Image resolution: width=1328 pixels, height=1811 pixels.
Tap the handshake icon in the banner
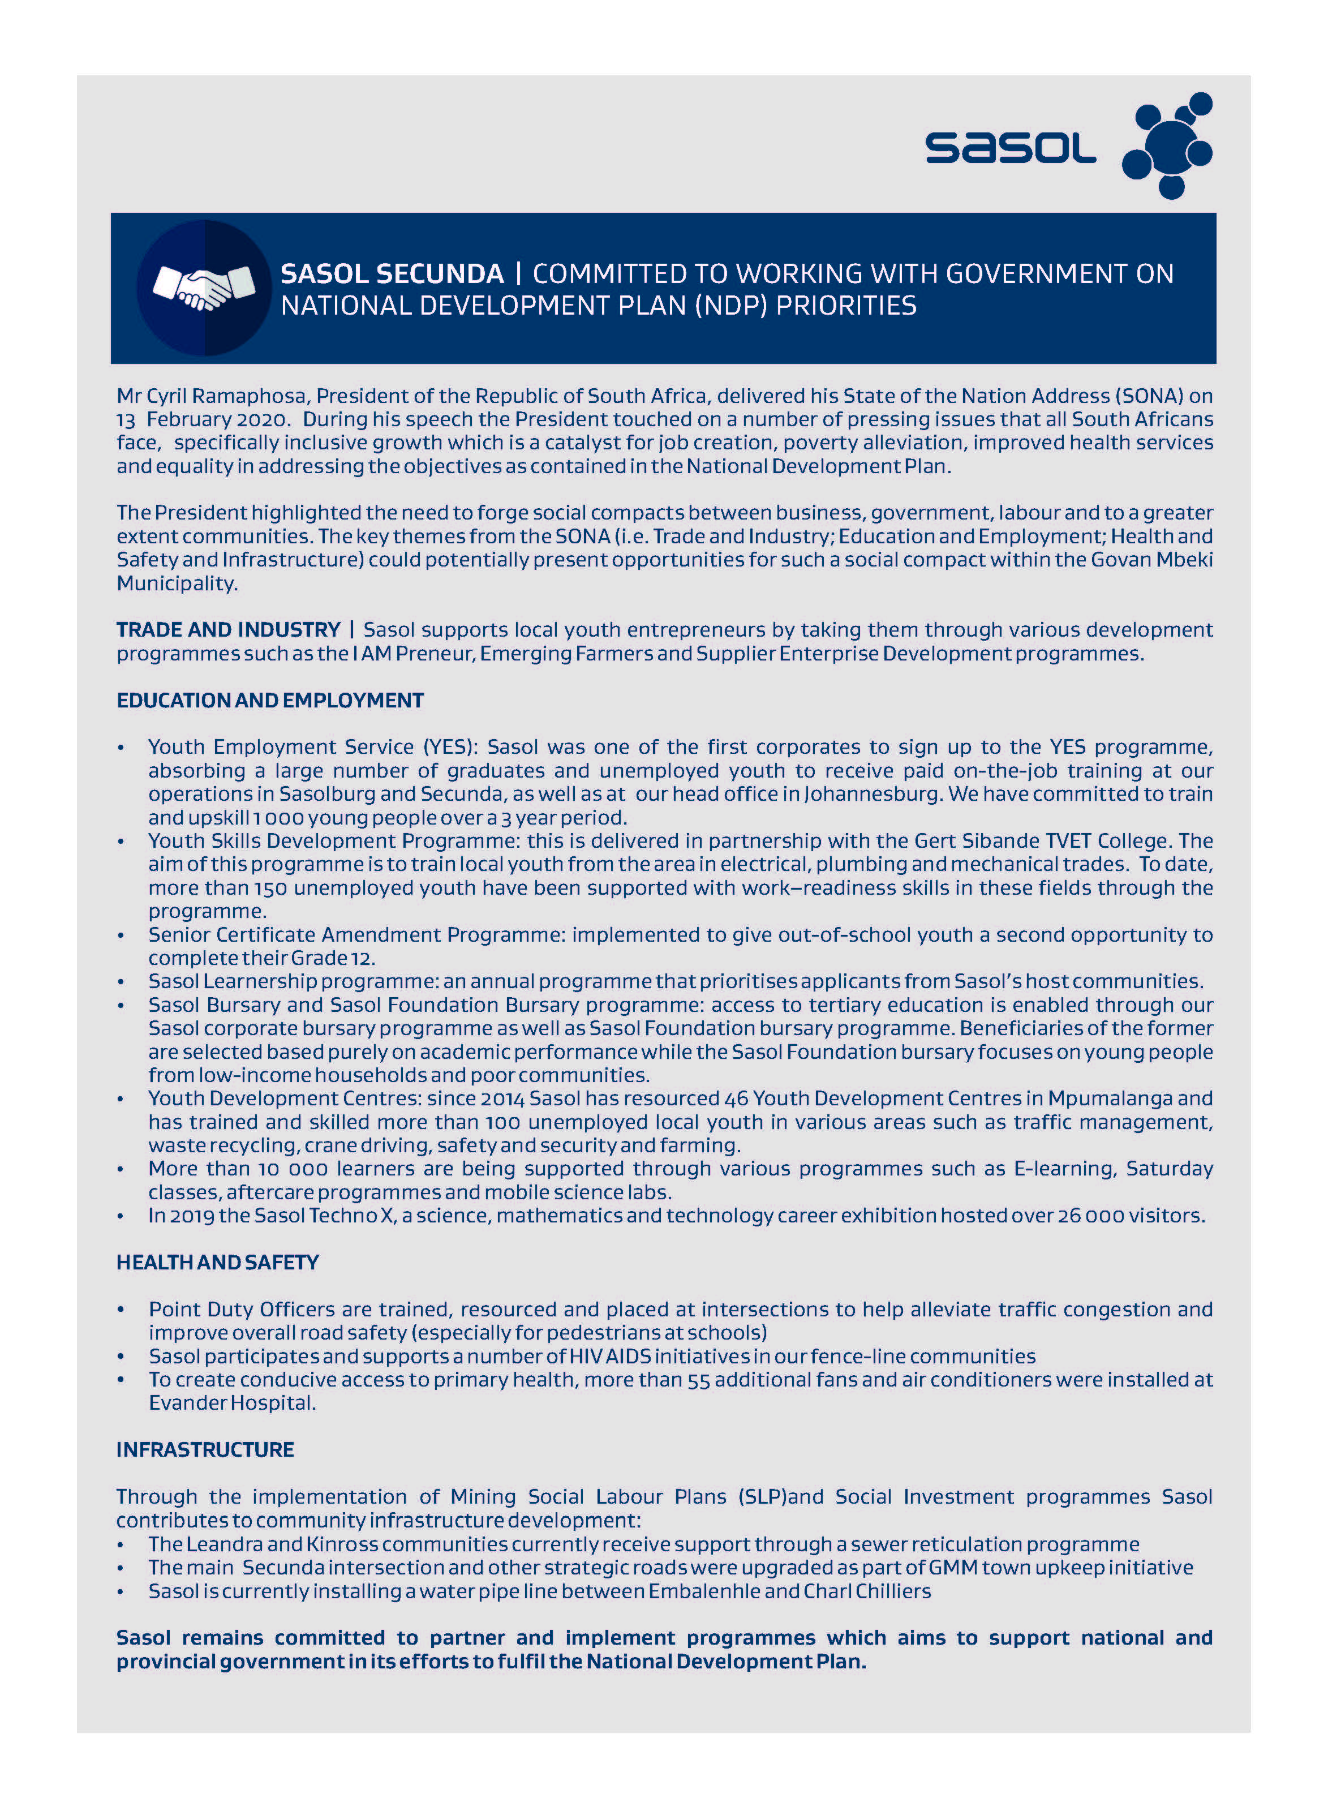(x=204, y=287)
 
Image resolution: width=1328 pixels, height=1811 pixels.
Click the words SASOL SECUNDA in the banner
(x=392, y=274)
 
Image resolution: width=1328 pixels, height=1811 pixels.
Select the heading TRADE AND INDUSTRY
(x=228, y=629)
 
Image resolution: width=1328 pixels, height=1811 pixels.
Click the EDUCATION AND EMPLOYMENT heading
(x=270, y=700)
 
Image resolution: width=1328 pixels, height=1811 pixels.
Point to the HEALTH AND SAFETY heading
(x=217, y=1262)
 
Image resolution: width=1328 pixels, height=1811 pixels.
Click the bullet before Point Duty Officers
(x=121, y=1310)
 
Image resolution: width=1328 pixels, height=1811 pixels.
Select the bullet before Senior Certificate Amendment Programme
(x=121, y=935)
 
